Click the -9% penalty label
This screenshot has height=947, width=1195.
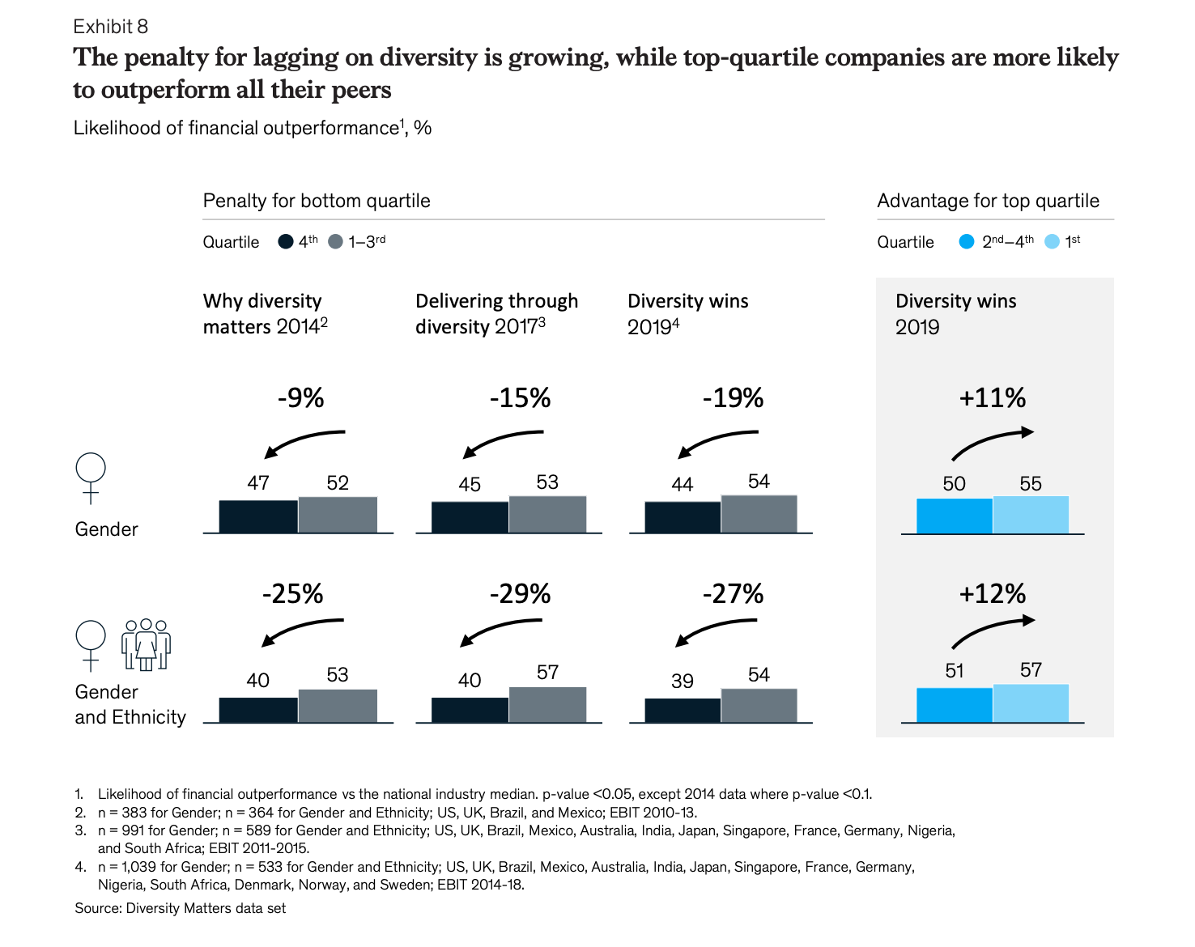click(x=300, y=397)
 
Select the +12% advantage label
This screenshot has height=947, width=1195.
click(x=992, y=593)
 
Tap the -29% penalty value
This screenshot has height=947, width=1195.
click(x=520, y=593)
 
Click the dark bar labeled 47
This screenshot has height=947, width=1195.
click(x=258, y=516)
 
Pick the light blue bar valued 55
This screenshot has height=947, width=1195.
click(x=1030, y=515)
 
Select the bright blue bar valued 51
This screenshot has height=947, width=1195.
click(x=954, y=704)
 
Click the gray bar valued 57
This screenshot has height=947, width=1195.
click(x=547, y=704)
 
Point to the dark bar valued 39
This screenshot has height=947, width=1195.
click(x=683, y=710)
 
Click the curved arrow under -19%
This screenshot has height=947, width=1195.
click(x=717, y=443)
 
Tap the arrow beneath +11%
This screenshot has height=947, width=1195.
click(x=992, y=442)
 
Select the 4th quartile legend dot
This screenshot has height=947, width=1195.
click(x=286, y=242)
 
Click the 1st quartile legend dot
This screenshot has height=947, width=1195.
click(x=1052, y=242)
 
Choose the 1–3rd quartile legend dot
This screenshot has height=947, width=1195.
click(x=336, y=242)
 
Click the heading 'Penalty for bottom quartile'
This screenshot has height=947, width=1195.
click(x=317, y=201)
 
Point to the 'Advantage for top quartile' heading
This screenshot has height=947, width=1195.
click(x=988, y=201)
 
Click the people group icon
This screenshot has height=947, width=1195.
click(x=146, y=645)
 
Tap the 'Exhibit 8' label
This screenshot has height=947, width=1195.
click(x=111, y=27)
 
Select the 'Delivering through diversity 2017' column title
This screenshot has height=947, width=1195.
click(x=496, y=313)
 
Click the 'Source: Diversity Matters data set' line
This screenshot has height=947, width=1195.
click(x=181, y=908)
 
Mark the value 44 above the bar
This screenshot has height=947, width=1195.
click(x=682, y=484)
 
